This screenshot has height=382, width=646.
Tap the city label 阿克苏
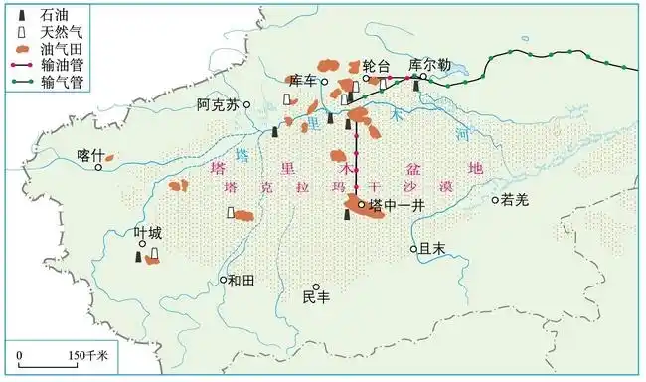(218, 103)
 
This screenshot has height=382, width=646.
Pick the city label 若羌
(517, 199)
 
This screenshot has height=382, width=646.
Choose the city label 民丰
(316, 297)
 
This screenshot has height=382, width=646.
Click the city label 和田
(242, 281)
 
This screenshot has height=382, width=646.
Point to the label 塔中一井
(397, 206)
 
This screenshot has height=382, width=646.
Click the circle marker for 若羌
(495, 200)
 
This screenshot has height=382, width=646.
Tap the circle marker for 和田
(224, 280)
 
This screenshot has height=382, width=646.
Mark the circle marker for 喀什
(98, 167)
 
